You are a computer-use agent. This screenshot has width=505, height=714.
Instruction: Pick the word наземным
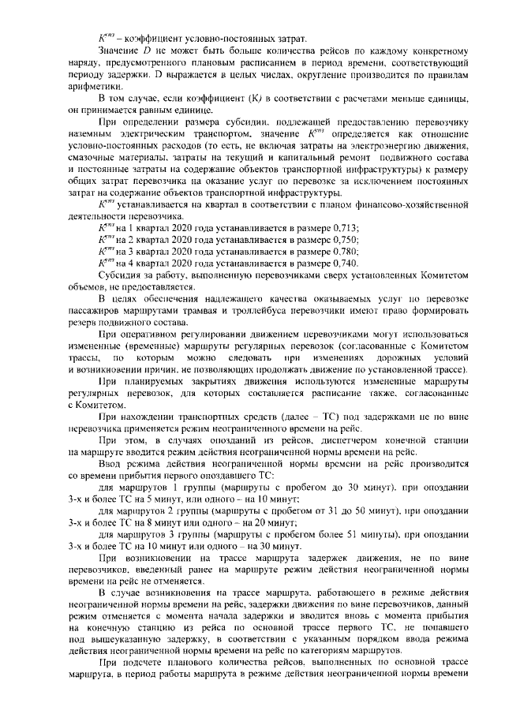click(x=95, y=134)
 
